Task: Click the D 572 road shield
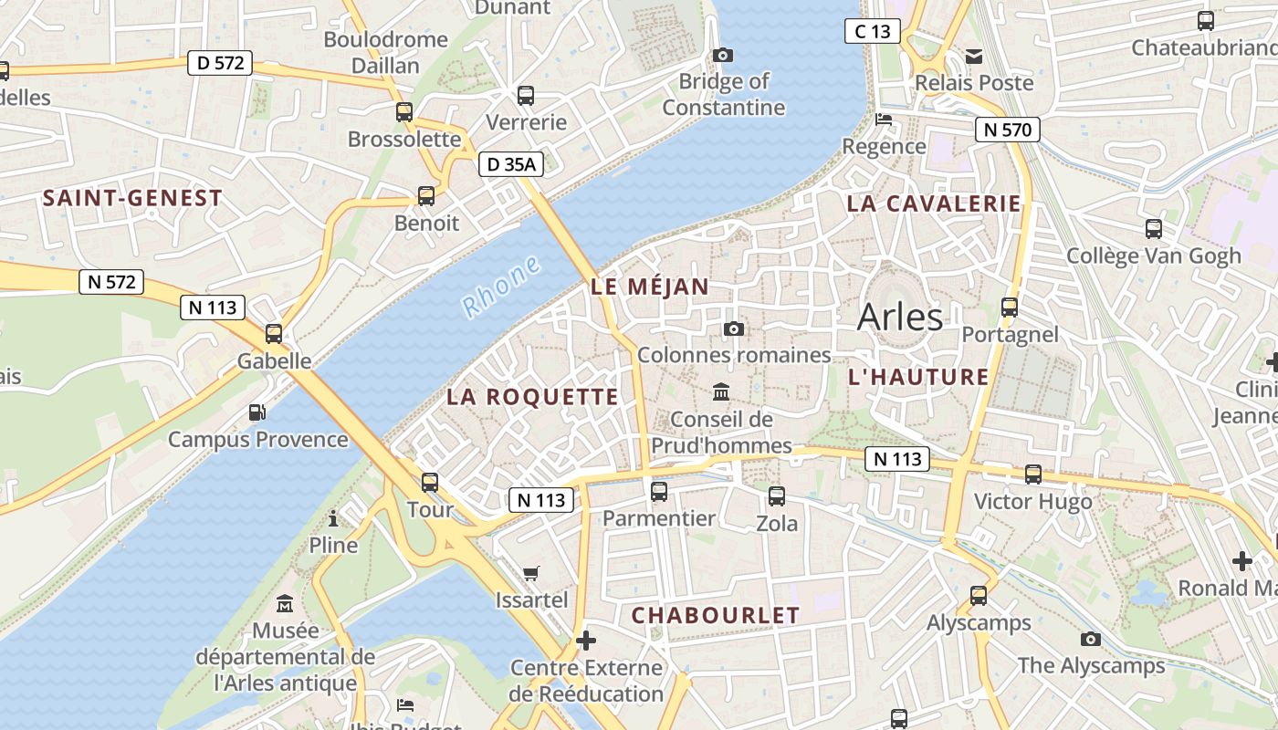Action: tap(219, 63)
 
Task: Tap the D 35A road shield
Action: tap(511, 164)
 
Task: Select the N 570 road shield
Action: tap(1008, 130)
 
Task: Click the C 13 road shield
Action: tap(873, 31)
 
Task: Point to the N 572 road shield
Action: tap(112, 282)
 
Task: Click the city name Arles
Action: tap(900, 317)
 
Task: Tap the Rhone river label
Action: tap(501, 287)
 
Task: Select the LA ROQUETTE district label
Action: tap(532, 397)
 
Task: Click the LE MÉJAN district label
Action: tap(649, 287)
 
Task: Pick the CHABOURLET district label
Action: tap(716, 616)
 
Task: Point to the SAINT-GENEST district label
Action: tap(132, 198)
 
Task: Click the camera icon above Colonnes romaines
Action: tap(734, 328)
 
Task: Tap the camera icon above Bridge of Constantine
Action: tap(723, 55)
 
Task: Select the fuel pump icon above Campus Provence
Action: tap(258, 412)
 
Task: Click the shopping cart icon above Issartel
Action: tap(531, 573)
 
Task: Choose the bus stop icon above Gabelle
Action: tap(274, 334)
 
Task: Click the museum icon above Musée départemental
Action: tap(285, 603)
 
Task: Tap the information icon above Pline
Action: tap(333, 519)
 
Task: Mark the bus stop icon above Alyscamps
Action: tap(979, 596)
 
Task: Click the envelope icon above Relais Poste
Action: tap(974, 57)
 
